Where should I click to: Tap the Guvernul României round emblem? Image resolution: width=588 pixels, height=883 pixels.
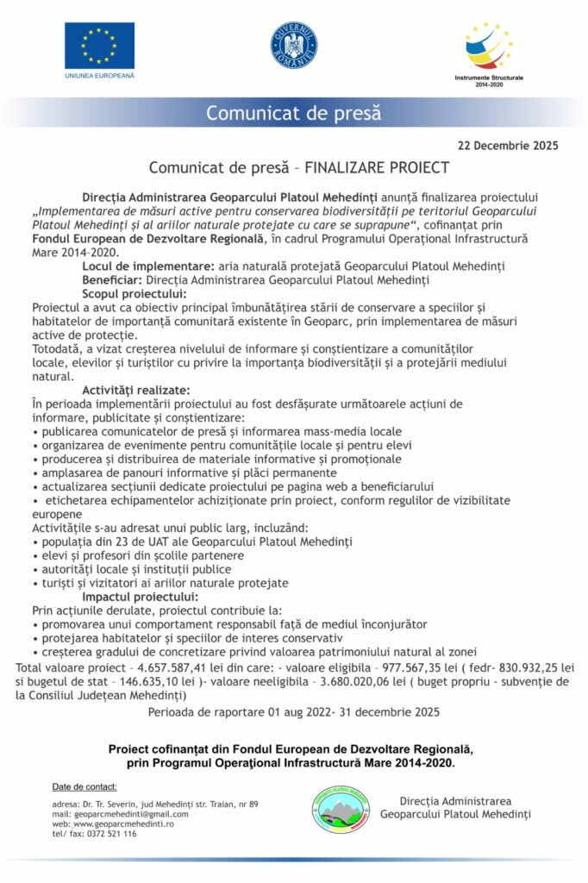click(x=293, y=46)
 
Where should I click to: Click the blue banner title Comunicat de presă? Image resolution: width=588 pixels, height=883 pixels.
click(x=293, y=113)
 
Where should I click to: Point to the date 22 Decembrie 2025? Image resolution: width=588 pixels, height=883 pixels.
click(x=508, y=146)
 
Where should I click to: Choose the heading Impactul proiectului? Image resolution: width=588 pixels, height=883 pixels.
click(x=140, y=596)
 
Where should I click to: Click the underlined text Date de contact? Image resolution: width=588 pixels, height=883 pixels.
click(x=84, y=786)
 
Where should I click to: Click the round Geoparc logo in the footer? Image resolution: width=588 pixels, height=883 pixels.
click(x=341, y=809)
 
